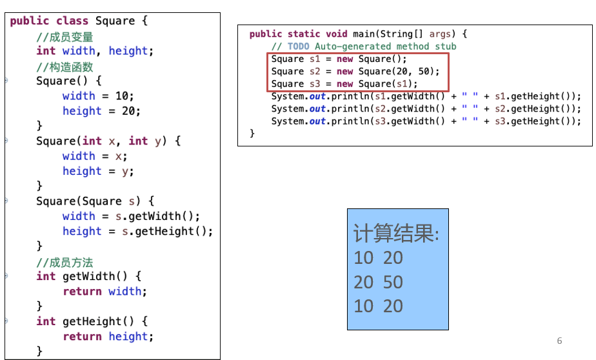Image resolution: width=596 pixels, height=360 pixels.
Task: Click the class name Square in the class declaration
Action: (x=115, y=21)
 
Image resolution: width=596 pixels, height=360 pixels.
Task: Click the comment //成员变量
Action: (x=65, y=37)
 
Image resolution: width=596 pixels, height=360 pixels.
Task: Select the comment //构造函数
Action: (x=65, y=66)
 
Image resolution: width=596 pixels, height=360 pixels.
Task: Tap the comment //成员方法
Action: (x=65, y=262)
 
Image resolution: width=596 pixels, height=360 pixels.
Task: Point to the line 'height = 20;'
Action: (x=101, y=111)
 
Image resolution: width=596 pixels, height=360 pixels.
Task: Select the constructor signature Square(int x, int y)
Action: (x=108, y=141)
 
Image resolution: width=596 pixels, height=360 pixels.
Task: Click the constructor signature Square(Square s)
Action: (x=95, y=201)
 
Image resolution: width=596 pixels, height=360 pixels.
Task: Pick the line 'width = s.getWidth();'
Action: (x=131, y=216)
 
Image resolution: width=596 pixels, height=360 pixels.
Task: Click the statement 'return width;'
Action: (x=104, y=292)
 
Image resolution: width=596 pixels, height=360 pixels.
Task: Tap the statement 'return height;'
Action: (x=108, y=337)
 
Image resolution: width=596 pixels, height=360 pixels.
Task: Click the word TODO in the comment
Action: (x=298, y=46)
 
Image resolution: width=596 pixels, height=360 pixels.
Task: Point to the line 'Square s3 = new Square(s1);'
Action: (x=344, y=84)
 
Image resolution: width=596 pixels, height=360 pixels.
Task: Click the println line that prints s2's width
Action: (x=426, y=109)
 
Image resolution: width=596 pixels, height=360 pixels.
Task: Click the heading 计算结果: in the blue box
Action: (x=396, y=234)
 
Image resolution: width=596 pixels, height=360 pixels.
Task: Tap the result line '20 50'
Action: (x=378, y=282)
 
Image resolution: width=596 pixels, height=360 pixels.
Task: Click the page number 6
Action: (x=559, y=341)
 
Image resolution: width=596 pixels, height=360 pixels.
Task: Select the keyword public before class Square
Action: (x=29, y=21)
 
